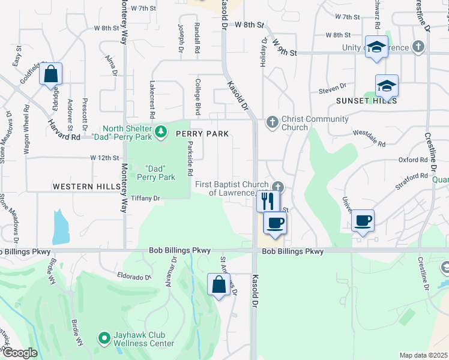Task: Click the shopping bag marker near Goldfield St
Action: coord(52,74)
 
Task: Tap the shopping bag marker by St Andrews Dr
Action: coord(218,284)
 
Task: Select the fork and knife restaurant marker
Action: coord(268,200)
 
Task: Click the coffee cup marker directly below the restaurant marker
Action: coord(275,223)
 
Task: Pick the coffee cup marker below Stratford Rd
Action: coord(363,221)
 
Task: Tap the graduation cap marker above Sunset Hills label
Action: coord(387,86)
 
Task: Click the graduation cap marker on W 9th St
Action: coord(376,47)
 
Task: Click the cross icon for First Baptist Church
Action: coord(277,187)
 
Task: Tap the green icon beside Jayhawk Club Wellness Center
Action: coord(104,339)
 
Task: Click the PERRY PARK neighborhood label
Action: coord(202,134)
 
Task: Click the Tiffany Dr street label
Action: coord(146,198)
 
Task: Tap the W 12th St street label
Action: coord(105,157)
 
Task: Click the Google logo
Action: coord(20,353)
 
